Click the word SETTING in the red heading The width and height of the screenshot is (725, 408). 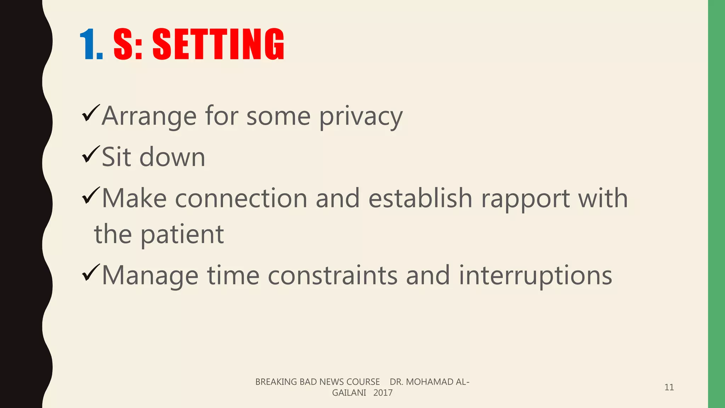(x=218, y=44)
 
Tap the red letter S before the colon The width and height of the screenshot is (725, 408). (x=124, y=44)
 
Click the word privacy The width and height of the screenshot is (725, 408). (x=361, y=117)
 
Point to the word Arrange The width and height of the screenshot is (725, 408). (x=149, y=117)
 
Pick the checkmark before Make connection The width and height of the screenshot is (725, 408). (x=91, y=195)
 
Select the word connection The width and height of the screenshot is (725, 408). (x=241, y=198)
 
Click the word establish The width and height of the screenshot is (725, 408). (x=420, y=198)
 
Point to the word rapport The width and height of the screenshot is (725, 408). (x=525, y=199)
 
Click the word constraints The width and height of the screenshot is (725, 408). (x=332, y=276)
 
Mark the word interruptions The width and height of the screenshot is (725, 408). (x=535, y=276)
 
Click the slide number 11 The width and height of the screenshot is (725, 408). (x=669, y=387)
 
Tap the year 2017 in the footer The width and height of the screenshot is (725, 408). (x=383, y=393)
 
